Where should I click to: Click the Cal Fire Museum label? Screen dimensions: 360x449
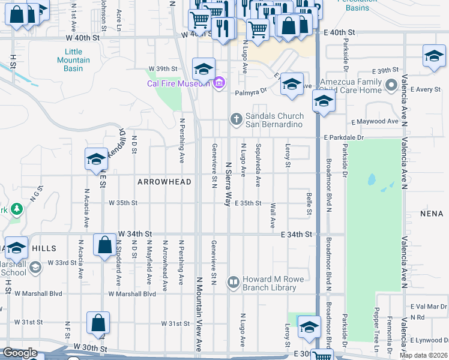tap(179, 83)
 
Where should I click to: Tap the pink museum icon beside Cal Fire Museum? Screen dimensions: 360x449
tap(219, 82)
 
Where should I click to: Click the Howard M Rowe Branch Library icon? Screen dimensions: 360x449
tap(233, 281)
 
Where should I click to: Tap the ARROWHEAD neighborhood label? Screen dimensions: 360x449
tap(164, 182)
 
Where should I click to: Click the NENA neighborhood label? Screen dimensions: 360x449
tap(431, 213)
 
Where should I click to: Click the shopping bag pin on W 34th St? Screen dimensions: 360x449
tap(104, 245)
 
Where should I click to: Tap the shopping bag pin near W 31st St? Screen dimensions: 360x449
tap(97, 323)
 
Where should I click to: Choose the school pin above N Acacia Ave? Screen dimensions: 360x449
tap(95, 160)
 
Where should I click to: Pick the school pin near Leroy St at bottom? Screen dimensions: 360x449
tap(309, 328)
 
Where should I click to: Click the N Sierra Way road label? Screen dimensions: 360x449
tap(228, 183)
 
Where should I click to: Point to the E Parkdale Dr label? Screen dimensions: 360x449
tap(343, 137)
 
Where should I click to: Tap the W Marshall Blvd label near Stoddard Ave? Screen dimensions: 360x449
tap(132, 294)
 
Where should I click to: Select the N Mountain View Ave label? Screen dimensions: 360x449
tap(199, 314)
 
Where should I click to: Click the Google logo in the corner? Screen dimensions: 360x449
tap(20, 353)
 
